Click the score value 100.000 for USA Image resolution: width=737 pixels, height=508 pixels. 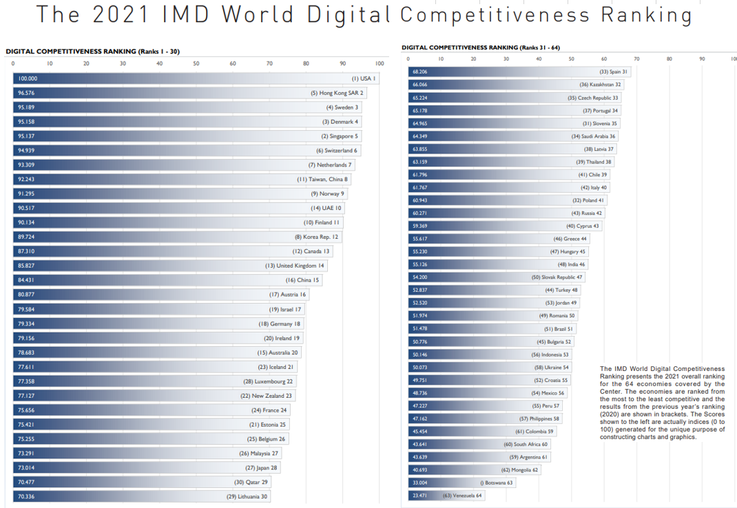tap(28, 78)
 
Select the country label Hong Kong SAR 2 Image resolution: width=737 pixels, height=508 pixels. tap(337, 93)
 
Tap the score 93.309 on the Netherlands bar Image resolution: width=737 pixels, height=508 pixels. tap(28, 165)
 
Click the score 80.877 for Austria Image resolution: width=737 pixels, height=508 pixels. tap(28, 295)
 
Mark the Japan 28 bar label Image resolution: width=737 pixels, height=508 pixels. tap(262, 467)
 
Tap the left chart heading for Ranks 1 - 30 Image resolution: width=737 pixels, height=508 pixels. tap(94, 52)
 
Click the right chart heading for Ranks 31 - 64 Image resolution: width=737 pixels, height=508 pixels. tap(481, 47)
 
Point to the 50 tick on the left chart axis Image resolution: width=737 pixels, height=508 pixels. tap(196, 64)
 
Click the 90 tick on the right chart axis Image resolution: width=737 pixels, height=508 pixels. tap(702, 59)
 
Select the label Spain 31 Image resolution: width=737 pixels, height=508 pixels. tap(613, 72)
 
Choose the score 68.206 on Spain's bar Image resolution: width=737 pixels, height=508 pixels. tap(419, 72)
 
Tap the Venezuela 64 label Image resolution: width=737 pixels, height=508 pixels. tap(462, 496)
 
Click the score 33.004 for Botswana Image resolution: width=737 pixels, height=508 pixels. tap(419, 483)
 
